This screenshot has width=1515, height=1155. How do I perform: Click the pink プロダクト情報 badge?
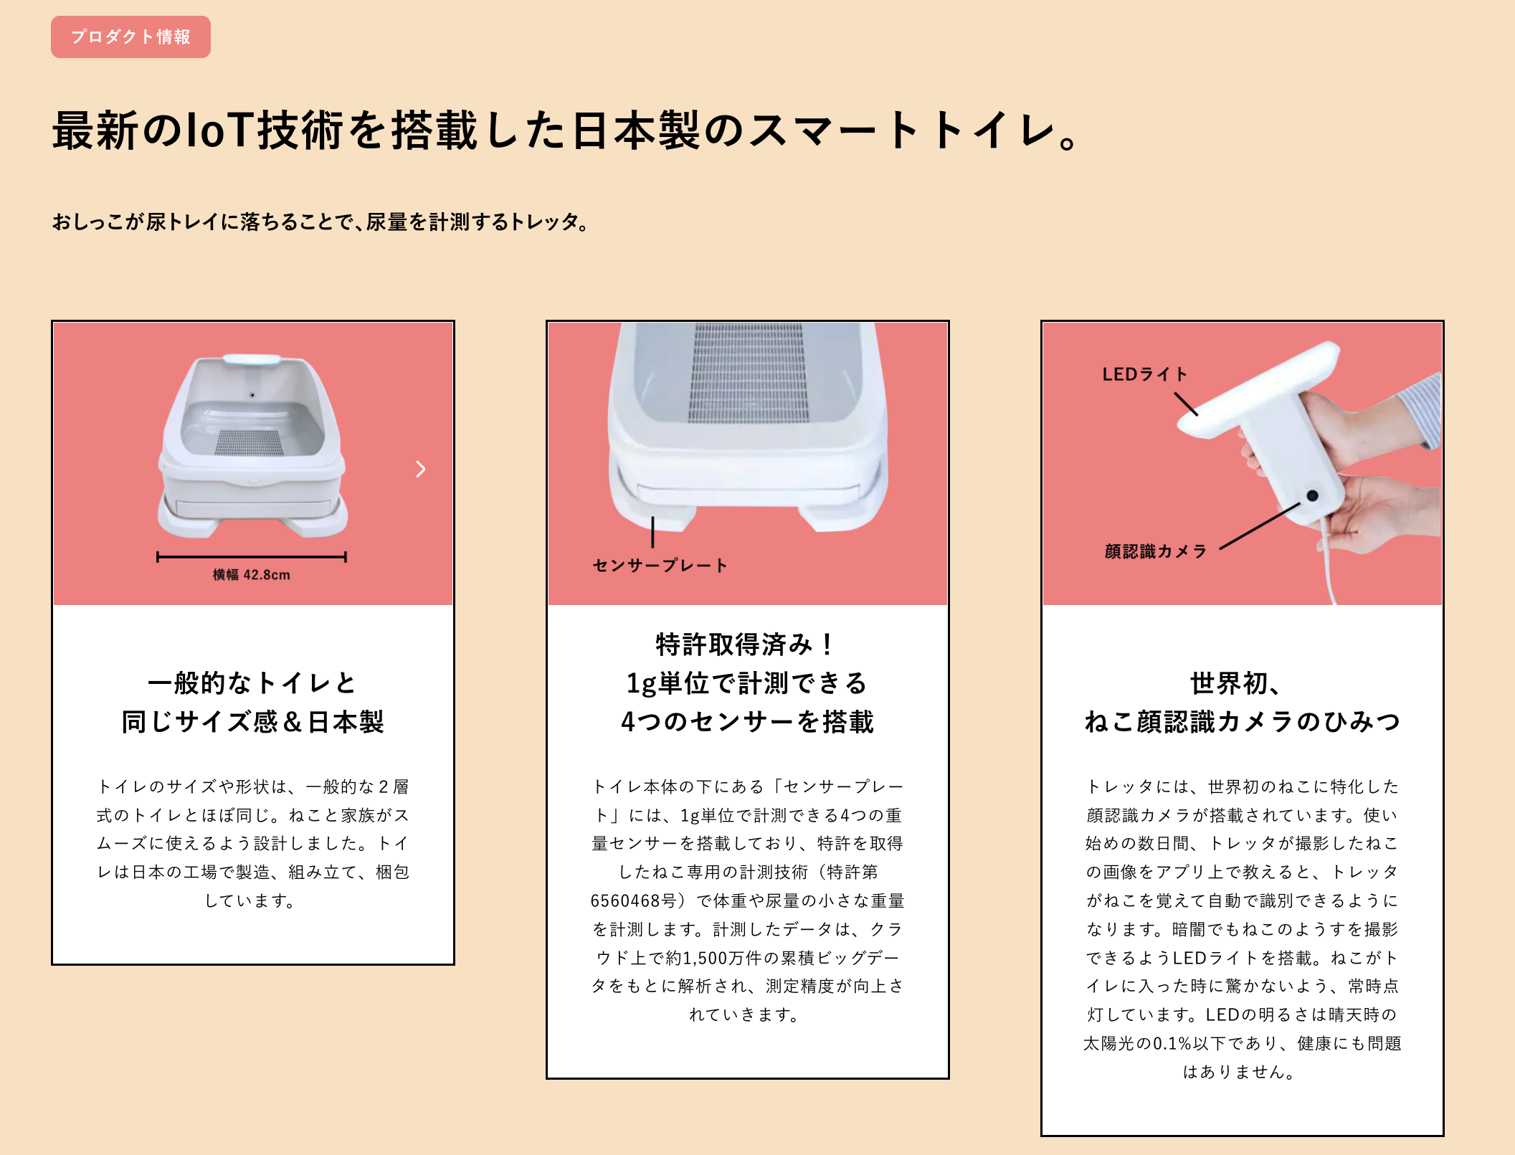click(130, 37)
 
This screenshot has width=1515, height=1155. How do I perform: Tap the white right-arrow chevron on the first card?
click(421, 470)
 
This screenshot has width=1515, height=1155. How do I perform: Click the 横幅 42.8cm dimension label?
click(252, 575)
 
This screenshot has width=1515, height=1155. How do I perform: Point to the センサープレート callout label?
click(660, 566)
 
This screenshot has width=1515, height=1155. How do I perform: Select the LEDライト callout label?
click(1144, 374)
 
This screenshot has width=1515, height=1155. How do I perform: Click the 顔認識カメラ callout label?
click(1155, 551)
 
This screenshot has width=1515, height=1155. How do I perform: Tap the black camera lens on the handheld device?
click(1312, 495)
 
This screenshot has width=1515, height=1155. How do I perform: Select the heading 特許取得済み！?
click(746, 644)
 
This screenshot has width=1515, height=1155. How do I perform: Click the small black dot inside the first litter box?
click(252, 395)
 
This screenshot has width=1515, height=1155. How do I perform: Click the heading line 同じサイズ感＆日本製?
click(252, 722)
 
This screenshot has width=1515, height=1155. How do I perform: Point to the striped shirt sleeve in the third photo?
click(1421, 409)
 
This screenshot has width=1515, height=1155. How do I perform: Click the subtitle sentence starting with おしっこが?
click(320, 222)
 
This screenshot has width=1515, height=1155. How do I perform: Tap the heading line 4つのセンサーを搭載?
click(747, 722)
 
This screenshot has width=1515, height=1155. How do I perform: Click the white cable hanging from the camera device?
click(1328, 566)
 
